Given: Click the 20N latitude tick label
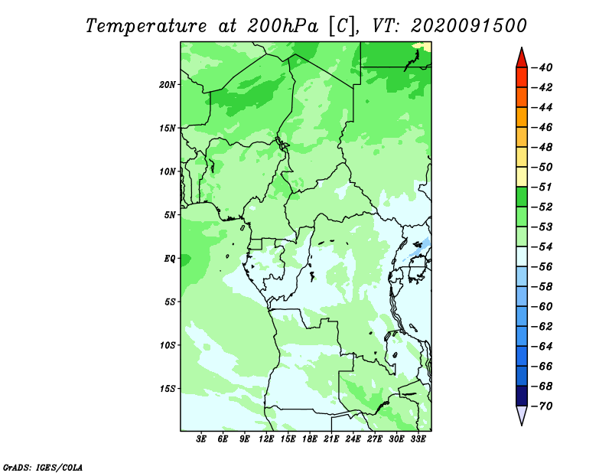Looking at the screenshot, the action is (x=167, y=85).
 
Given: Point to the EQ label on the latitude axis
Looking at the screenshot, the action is (x=169, y=259).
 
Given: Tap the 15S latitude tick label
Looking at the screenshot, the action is (x=167, y=389).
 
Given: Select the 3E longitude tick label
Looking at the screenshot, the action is (x=201, y=439).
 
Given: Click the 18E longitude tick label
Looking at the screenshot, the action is (x=310, y=439).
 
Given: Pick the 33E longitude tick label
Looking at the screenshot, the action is (x=418, y=439).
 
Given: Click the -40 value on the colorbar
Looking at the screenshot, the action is (x=542, y=67).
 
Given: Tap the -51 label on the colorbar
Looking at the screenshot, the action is (x=542, y=187).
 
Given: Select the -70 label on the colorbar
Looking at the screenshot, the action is (x=542, y=406).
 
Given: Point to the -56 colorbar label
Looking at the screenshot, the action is (x=542, y=267).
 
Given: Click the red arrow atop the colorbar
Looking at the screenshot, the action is (x=522, y=59).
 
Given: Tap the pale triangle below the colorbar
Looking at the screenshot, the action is (x=522, y=415).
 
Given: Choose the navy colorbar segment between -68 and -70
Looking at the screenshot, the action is (x=522, y=396).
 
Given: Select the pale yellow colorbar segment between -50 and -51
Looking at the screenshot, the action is (x=522, y=177).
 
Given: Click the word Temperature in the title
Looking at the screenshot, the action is (x=146, y=26).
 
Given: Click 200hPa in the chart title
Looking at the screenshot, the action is (x=282, y=26).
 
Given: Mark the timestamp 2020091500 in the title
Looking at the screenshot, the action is (x=469, y=26).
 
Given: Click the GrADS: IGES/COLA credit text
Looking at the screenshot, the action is (x=43, y=468).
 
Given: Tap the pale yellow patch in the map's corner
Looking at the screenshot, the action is (x=424, y=47).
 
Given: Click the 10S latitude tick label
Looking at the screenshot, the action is (x=167, y=345).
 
